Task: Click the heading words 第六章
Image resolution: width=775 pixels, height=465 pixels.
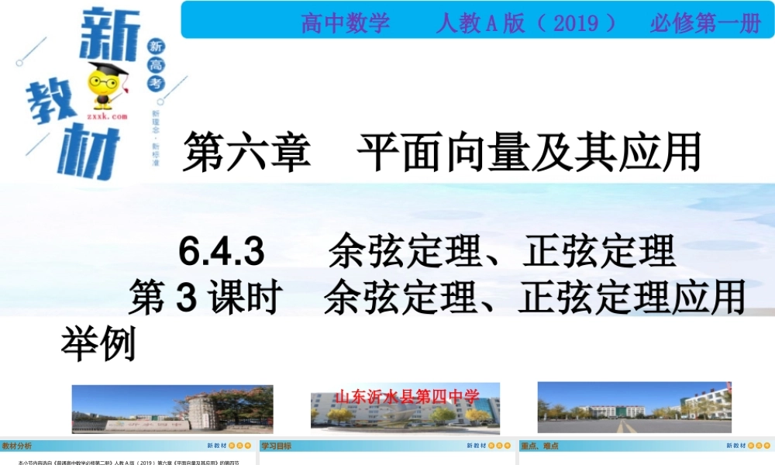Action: click(246, 152)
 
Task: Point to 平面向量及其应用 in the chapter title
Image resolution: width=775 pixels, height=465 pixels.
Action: click(529, 152)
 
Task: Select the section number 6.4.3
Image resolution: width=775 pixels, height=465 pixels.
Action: click(222, 252)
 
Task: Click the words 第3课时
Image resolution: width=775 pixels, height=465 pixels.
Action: click(204, 298)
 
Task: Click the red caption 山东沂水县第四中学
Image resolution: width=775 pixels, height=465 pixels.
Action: click(407, 397)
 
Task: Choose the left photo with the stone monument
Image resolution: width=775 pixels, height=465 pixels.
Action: click(172, 408)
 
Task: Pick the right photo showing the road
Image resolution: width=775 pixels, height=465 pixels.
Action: click(634, 408)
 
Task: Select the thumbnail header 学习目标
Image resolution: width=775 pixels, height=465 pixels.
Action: click(277, 446)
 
